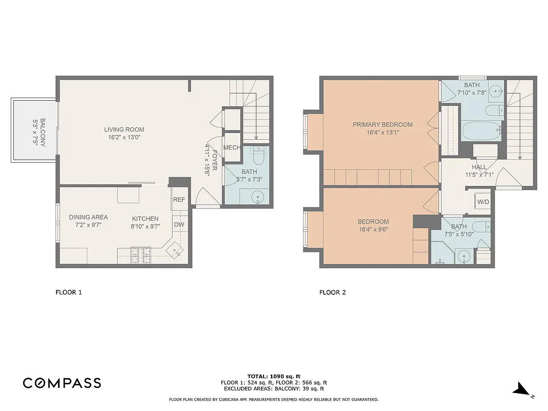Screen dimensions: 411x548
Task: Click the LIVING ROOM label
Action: [124, 129]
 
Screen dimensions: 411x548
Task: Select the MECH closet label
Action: [232, 148]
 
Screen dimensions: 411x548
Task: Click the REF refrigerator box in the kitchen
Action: [179, 199]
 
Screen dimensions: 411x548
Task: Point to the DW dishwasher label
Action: [179, 225]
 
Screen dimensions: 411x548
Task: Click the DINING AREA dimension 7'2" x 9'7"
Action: [88, 226]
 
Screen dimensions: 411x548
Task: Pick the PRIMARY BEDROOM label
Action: [382, 124]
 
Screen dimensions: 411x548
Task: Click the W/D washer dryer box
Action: [483, 202]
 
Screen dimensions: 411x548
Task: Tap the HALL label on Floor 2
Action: [479, 167]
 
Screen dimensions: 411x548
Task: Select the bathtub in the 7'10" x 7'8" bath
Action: [481, 131]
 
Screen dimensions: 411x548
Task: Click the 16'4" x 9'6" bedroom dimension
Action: [373, 230]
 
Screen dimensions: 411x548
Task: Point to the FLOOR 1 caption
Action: [68, 293]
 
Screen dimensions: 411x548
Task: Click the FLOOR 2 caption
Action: [332, 293]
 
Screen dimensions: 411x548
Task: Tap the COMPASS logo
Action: [62, 383]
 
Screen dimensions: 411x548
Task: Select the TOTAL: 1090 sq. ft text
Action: [274, 376]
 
